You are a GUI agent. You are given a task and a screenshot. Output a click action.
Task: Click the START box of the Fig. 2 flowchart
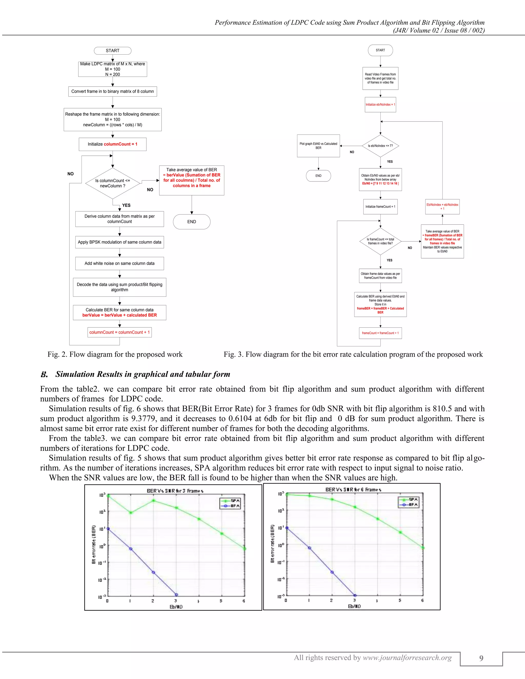coord(113,51)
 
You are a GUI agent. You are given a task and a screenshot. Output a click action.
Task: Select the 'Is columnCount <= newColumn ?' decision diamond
coord(113,183)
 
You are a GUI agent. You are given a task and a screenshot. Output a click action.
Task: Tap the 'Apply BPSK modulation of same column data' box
coord(119,242)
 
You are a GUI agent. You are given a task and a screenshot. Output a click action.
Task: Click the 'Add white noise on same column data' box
coord(119,263)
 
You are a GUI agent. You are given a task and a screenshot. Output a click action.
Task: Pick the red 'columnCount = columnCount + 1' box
coord(119,332)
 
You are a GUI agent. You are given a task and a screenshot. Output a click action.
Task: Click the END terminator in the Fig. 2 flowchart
coord(191,222)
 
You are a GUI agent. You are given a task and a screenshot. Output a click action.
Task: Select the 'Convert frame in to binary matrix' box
coord(113,91)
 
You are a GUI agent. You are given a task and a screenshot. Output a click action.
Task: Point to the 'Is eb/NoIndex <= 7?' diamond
coord(380,146)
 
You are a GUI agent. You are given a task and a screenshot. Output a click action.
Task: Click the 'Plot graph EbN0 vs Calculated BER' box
coord(318,146)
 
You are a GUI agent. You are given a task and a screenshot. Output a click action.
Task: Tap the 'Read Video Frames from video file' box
coord(380,78)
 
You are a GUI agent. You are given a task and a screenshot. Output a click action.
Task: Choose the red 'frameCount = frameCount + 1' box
coord(380,333)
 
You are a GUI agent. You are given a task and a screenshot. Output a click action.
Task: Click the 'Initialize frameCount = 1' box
coord(380,207)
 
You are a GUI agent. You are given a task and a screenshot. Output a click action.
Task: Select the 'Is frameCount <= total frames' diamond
coord(380,241)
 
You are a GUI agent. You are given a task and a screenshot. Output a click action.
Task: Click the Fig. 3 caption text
coord(353,354)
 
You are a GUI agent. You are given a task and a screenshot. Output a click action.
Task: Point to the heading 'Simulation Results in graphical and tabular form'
coord(143,374)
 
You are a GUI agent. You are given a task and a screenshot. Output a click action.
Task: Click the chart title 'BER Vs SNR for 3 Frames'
coord(175,491)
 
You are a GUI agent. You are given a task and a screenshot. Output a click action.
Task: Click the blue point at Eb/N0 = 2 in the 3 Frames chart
coord(153,572)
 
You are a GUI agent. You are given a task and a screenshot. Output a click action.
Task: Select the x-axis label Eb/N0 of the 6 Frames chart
coord(354,606)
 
